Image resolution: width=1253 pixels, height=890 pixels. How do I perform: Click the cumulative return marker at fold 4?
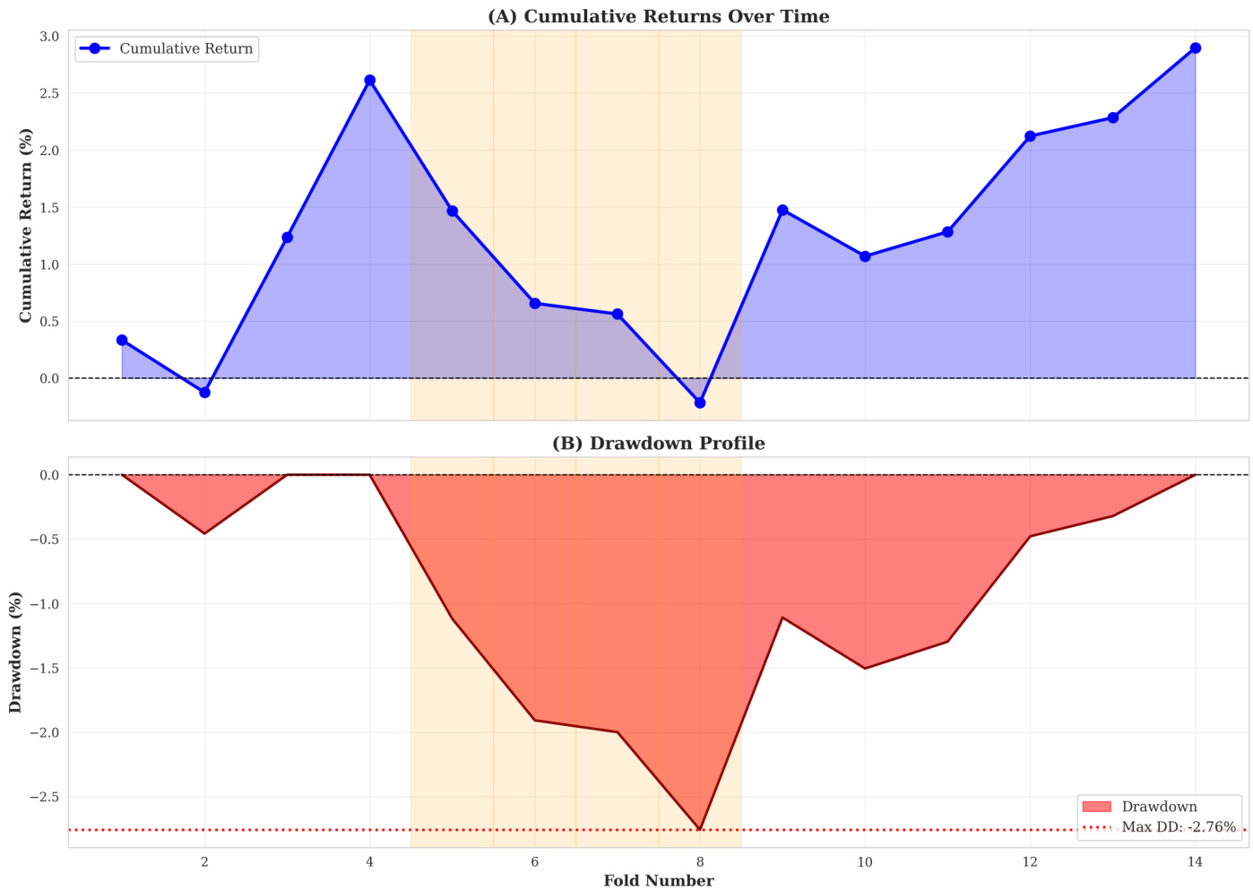[369, 81]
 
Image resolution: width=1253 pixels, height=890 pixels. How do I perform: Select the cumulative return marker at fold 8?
[700, 402]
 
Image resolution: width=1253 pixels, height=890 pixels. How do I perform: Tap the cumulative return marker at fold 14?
[1195, 48]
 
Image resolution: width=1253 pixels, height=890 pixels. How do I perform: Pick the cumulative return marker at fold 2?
[204, 392]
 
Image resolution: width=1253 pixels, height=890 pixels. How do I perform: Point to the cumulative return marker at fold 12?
[1030, 136]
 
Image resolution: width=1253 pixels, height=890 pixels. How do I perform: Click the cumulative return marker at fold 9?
[782, 211]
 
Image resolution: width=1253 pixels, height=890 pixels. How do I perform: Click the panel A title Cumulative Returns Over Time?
[658, 16]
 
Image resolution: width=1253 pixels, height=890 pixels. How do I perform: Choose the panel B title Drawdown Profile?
[658, 444]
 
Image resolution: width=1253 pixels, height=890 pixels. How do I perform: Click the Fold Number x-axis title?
[658, 880]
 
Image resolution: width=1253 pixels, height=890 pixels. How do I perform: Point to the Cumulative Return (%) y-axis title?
[25, 225]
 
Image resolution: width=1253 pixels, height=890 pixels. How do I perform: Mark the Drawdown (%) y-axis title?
[15, 652]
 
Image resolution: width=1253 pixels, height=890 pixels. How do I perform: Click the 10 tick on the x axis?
[865, 862]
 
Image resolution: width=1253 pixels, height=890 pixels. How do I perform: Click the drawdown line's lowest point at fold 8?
[700, 829]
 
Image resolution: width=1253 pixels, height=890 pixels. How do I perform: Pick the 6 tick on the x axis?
[535, 862]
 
